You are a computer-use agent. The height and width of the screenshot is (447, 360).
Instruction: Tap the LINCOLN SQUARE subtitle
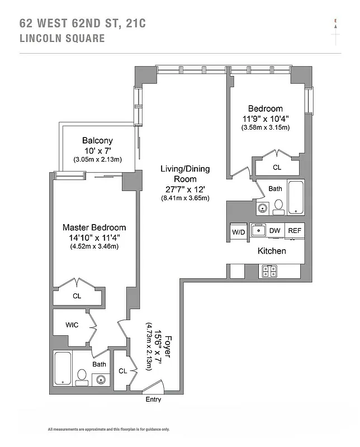(61, 39)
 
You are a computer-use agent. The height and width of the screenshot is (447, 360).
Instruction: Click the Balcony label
(97, 141)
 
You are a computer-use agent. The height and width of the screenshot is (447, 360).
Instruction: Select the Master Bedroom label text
(94, 227)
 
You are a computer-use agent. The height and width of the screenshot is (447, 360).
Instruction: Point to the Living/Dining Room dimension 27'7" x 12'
(185, 189)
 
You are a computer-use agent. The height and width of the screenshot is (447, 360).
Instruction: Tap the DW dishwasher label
(274, 230)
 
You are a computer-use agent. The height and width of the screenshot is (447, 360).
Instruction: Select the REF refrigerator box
(294, 230)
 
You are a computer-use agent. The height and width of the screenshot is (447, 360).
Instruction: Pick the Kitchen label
(272, 251)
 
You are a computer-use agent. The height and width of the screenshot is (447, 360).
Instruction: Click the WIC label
(72, 324)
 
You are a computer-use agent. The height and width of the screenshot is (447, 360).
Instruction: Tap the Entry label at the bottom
(153, 399)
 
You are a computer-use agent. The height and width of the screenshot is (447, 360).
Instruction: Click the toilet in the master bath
(82, 376)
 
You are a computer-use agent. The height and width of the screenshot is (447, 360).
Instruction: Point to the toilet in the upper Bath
(278, 207)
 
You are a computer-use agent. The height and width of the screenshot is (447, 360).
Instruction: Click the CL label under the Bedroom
(277, 167)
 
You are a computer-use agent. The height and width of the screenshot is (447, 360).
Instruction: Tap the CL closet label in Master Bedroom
(77, 296)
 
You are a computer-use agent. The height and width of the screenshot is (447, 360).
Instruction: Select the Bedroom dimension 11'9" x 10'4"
(266, 118)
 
